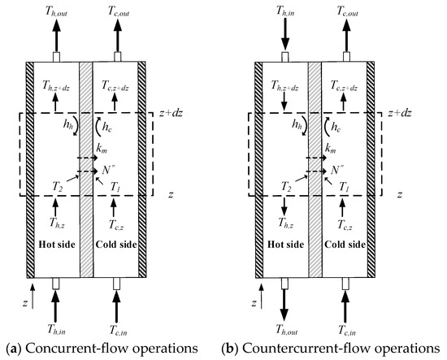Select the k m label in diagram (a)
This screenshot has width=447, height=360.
(103, 149)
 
